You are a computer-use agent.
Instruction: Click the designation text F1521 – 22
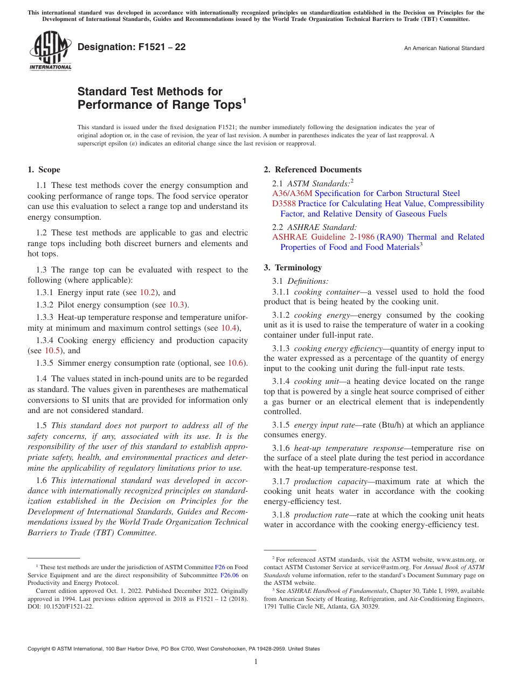(x=132, y=47)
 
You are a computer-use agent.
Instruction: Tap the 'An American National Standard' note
(x=444, y=48)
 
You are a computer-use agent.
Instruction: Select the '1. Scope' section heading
(x=44, y=170)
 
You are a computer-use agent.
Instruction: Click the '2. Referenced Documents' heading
(x=313, y=170)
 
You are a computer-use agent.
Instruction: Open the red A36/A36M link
(x=292, y=193)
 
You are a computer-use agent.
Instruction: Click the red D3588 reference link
(x=284, y=204)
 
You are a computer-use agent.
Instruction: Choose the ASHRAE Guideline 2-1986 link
(x=323, y=237)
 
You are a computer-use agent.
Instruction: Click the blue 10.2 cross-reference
(x=148, y=292)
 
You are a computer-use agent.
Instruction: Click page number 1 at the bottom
(x=256, y=662)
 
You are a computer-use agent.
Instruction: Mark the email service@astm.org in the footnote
(x=379, y=568)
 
